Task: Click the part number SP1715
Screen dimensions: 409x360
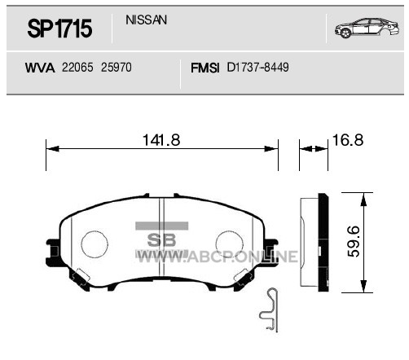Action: (59, 29)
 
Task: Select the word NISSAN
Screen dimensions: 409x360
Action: (146, 20)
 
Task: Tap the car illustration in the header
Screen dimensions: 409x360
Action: (367, 28)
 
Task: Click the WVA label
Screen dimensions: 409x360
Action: (40, 68)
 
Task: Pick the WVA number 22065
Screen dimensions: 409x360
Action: (77, 68)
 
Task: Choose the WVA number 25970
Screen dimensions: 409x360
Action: (117, 68)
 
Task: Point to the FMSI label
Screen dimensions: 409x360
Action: (204, 68)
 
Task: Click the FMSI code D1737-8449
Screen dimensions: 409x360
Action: (257, 68)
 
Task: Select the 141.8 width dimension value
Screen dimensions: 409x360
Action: (161, 140)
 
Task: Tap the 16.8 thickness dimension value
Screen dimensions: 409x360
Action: (348, 140)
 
